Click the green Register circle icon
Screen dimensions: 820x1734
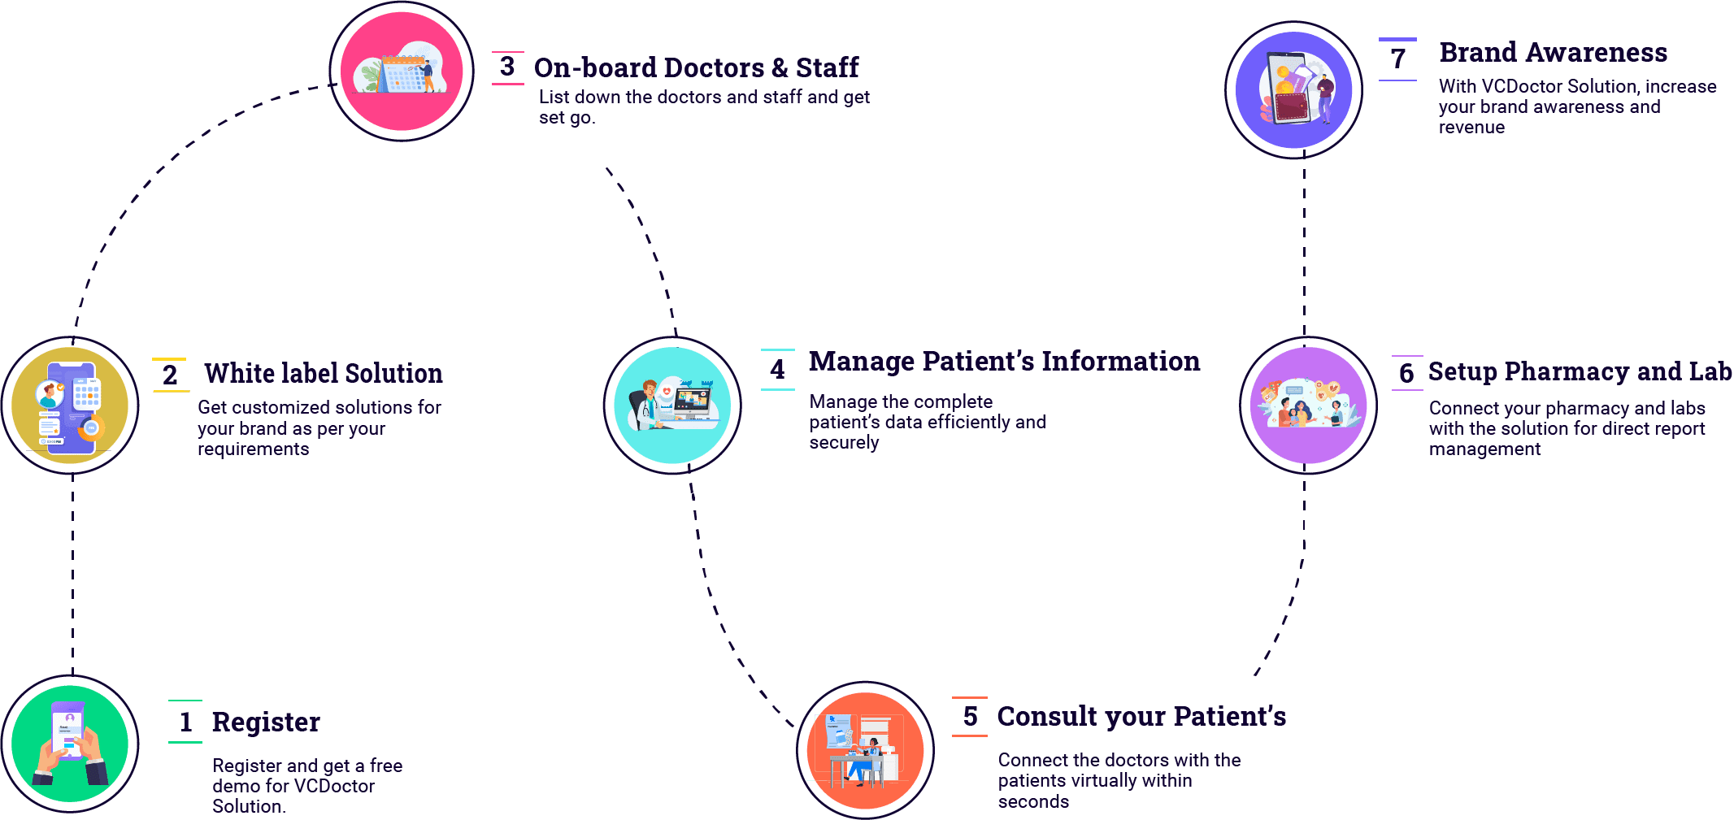point(70,744)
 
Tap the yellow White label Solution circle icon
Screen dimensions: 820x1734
point(70,405)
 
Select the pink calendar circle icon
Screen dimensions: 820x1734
point(402,72)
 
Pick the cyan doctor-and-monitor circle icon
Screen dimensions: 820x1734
point(672,405)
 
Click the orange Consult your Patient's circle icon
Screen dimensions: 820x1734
point(865,750)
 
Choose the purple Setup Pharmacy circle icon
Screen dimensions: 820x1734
point(1308,405)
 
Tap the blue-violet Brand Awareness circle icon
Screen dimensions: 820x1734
point(1293,89)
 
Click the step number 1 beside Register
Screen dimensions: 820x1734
point(185,722)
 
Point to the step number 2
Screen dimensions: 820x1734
point(170,375)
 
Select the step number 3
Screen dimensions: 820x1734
point(507,66)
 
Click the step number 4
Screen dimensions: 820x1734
point(778,369)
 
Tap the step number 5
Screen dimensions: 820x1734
point(970,716)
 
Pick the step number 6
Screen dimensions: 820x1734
point(1406,373)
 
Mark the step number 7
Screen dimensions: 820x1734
point(1397,59)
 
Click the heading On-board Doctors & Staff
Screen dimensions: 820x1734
point(696,67)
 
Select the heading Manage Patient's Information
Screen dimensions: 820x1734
point(1004,361)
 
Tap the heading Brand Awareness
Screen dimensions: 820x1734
point(1553,52)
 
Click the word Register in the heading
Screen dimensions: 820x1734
point(266,722)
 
